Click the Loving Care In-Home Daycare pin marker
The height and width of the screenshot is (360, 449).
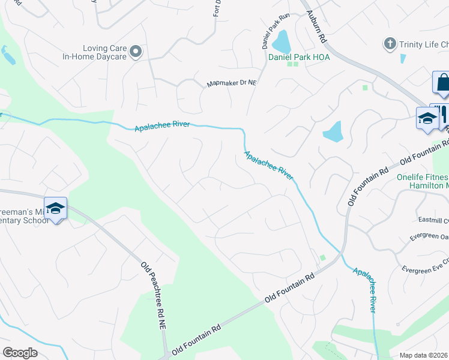pyautogui.click(x=136, y=52)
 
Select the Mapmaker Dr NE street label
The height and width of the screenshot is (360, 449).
pyautogui.click(x=232, y=83)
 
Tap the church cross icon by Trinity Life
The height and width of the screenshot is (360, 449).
pyautogui.click(x=390, y=44)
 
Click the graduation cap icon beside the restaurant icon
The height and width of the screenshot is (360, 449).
pyautogui.click(x=427, y=117)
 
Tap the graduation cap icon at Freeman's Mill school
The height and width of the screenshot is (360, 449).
pyautogui.click(x=55, y=208)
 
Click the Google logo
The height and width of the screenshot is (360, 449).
pyautogui.click(x=20, y=353)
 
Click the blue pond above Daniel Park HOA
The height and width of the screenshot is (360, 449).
pyautogui.click(x=280, y=42)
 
